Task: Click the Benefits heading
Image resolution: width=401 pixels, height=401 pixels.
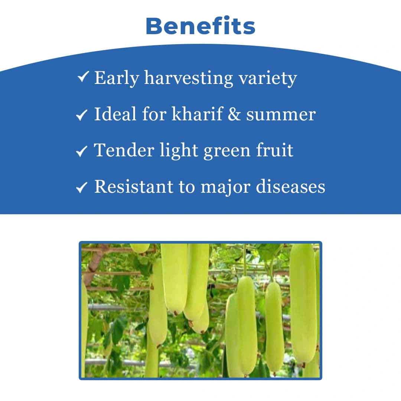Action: pyautogui.click(x=200, y=26)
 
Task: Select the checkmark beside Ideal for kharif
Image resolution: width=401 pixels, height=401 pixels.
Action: pyautogui.click(x=81, y=115)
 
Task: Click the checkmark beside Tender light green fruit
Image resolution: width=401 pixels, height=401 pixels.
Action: pyautogui.click(x=81, y=151)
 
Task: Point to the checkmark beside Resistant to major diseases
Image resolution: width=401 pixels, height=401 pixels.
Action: pyautogui.click(x=81, y=188)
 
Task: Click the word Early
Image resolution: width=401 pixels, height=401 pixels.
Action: pyautogui.click(x=116, y=78)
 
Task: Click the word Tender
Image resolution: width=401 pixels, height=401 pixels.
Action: pyautogui.click(x=124, y=150)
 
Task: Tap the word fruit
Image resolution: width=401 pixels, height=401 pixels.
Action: pyautogui.click(x=274, y=150)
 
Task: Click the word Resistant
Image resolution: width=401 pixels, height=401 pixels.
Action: pyautogui.click(x=134, y=187)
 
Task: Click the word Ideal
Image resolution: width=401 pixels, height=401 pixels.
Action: pyautogui.click(x=115, y=114)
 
